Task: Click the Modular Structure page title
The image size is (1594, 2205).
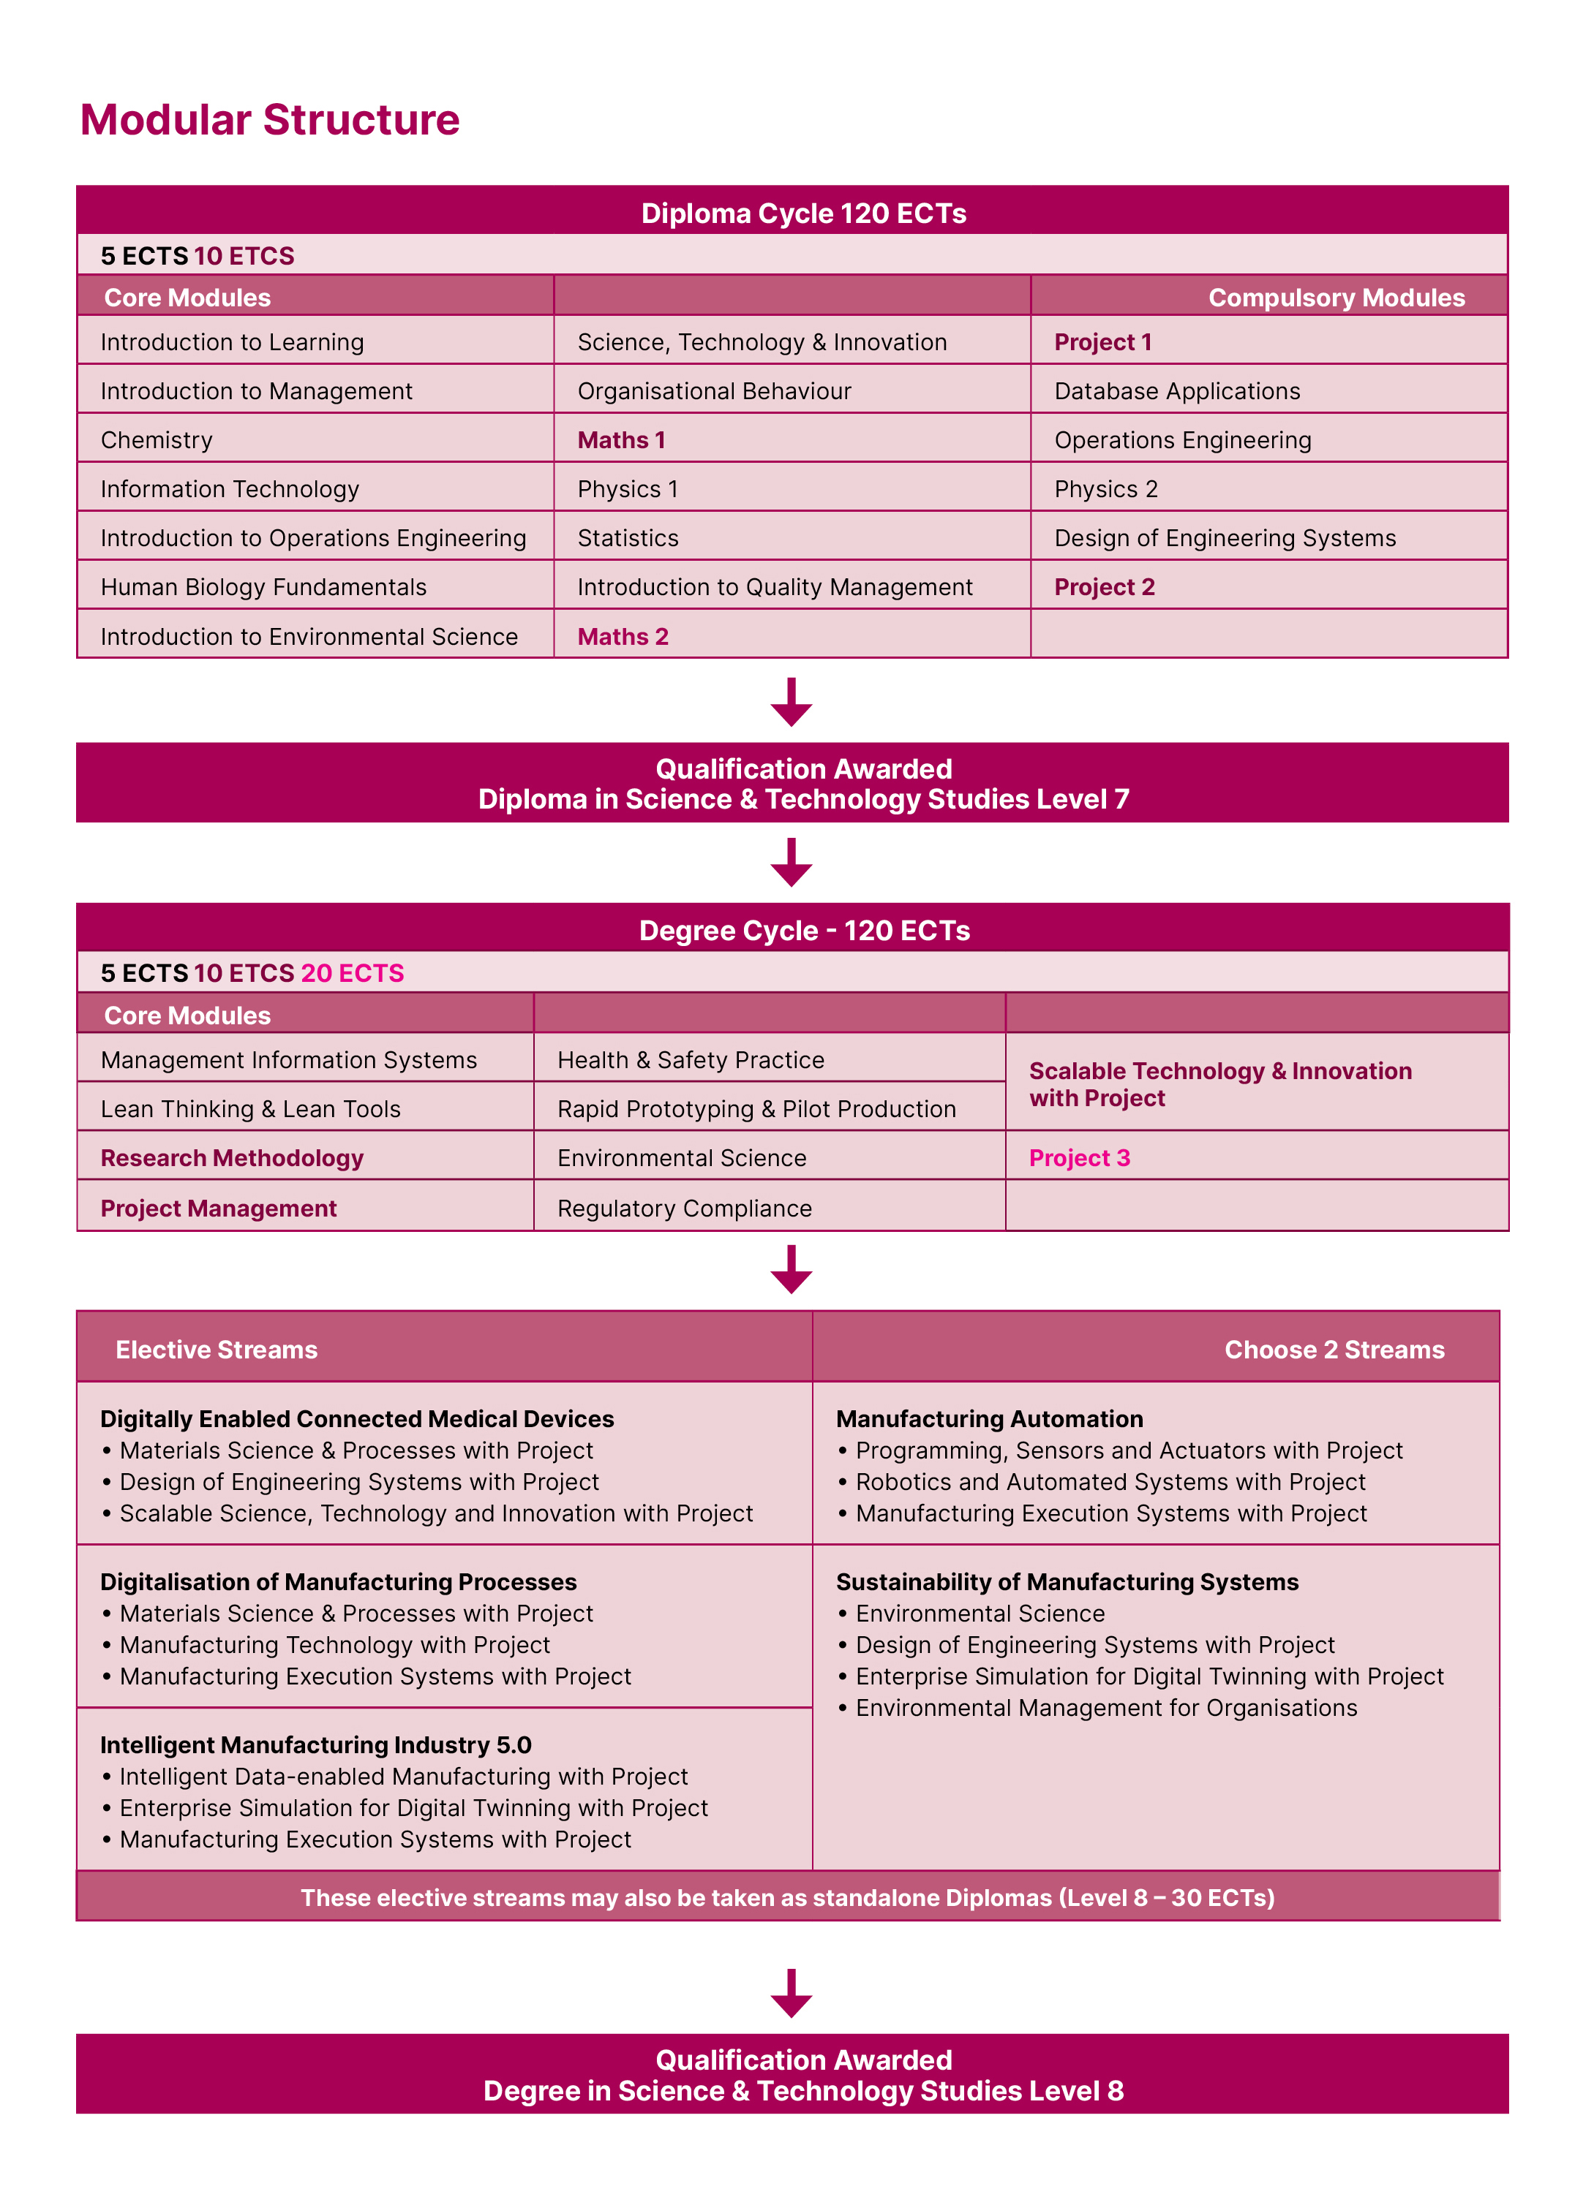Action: [269, 120]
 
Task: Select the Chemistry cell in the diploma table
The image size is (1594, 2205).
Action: [157, 440]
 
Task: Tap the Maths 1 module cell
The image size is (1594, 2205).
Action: [622, 440]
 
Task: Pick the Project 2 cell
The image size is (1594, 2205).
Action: [1104, 587]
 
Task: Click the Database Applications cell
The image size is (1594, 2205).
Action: [1177, 392]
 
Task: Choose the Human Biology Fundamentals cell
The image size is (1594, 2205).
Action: [263, 587]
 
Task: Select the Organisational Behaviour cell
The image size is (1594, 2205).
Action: [714, 392]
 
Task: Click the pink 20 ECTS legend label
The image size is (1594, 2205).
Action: [352, 973]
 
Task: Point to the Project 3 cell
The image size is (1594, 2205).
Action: [1080, 1158]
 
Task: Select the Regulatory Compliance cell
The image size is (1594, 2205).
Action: [684, 1209]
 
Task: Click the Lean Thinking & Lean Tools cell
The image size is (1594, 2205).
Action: [250, 1109]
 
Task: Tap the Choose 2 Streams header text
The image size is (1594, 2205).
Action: [1334, 1350]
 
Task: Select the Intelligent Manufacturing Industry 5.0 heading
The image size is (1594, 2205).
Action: [315, 1745]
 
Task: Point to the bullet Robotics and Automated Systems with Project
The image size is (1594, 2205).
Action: [1110, 1482]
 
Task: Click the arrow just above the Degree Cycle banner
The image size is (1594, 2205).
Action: [792, 863]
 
